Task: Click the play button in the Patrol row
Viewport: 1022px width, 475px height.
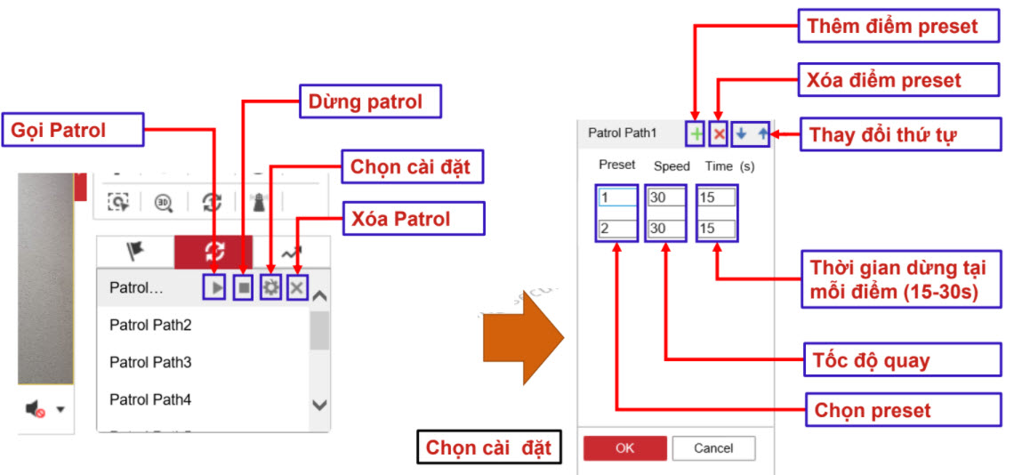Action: coord(214,287)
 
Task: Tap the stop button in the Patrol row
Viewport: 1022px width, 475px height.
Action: coord(243,287)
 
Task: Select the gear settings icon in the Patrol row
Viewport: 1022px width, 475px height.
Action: coord(270,287)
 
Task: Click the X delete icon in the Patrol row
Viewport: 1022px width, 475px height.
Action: coord(297,287)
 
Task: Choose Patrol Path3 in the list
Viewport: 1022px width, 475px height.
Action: coord(150,363)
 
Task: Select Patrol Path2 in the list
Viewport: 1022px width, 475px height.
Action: coord(150,326)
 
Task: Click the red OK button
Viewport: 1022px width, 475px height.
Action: coord(624,448)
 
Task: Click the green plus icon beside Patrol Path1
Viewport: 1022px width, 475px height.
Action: coord(696,134)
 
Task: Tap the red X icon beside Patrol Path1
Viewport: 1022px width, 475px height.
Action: coord(720,134)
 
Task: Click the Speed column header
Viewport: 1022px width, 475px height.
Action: coord(672,166)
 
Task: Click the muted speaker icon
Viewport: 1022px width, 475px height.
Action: coord(36,408)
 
